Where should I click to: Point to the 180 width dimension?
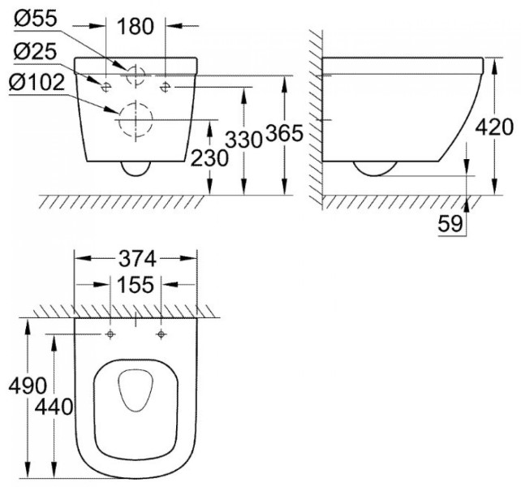[x=135, y=27]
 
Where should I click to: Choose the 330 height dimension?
[x=242, y=139]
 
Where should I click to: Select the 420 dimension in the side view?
[x=495, y=127]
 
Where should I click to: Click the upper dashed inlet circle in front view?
[x=136, y=74]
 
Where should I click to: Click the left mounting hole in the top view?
[x=110, y=334]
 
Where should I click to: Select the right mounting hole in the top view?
[x=161, y=334]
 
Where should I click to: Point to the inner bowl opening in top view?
[x=136, y=392]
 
